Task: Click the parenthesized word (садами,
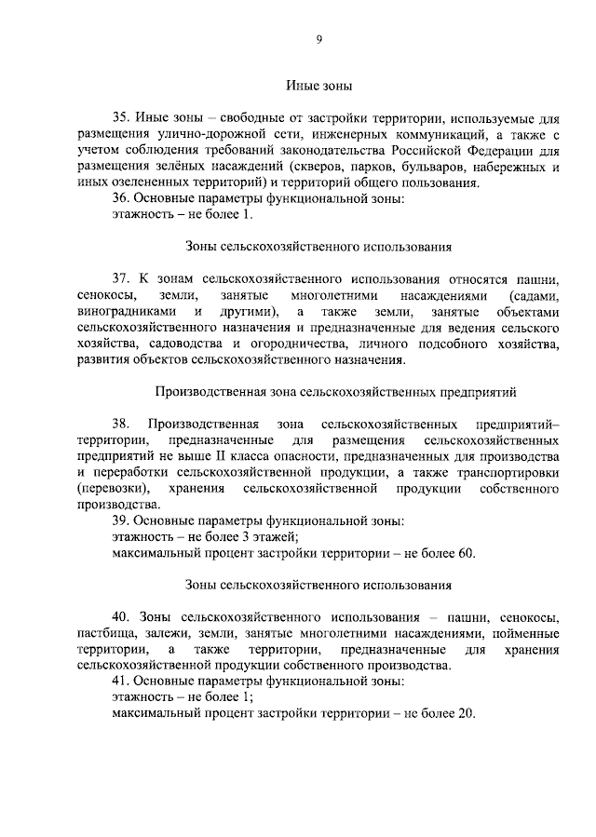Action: pyautogui.click(x=528, y=294)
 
